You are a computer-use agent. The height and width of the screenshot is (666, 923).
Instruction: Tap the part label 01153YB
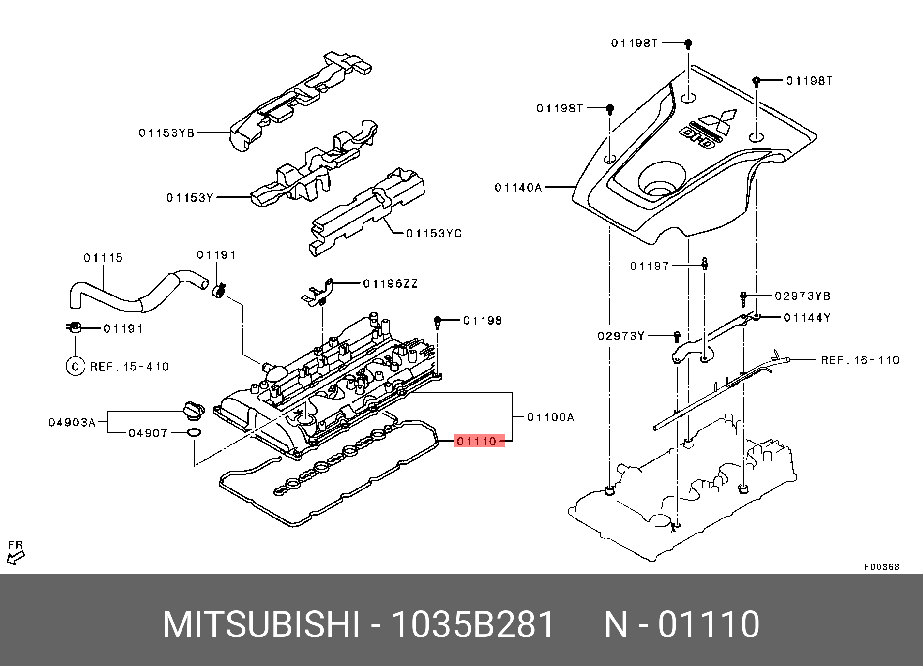[x=166, y=133]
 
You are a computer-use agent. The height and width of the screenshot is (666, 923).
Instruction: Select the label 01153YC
[x=434, y=234]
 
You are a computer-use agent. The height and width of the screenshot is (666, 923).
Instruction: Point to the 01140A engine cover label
[x=518, y=188]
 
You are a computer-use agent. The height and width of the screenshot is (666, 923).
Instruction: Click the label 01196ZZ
[x=390, y=284]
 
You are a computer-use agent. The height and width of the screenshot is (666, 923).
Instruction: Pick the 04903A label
[x=72, y=423]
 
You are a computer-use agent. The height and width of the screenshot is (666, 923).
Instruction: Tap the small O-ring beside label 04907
[x=194, y=433]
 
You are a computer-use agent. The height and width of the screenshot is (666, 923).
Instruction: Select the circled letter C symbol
[x=75, y=366]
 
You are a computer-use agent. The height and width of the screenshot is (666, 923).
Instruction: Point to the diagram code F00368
[x=881, y=567]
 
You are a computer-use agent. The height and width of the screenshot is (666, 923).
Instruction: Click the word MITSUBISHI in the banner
[x=261, y=624]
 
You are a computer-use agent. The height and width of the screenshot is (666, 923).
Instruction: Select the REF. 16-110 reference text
[x=860, y=360]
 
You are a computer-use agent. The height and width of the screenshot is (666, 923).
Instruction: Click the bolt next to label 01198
[x=438, y=322]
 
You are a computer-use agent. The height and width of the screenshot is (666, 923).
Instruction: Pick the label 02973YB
[x=802, y=296]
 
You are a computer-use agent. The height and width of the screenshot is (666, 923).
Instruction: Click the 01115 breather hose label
[x=103, y=258]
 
